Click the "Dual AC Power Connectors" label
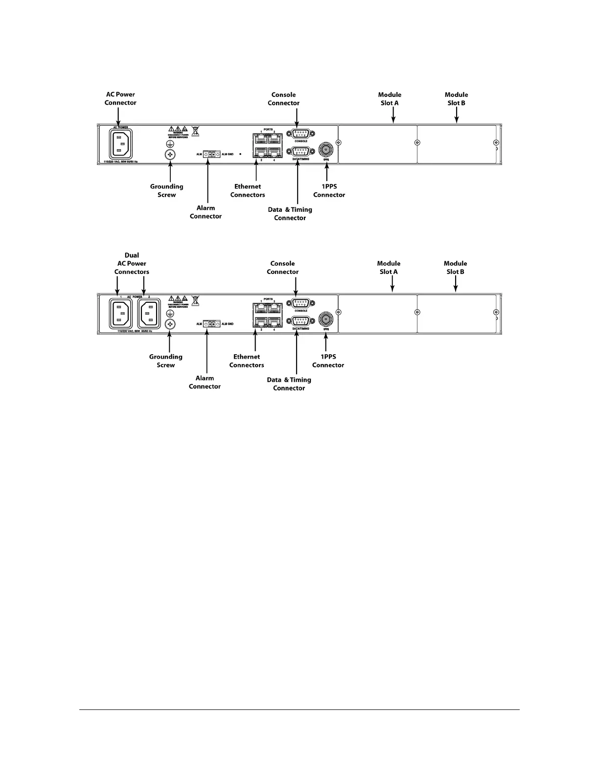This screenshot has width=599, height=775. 132,264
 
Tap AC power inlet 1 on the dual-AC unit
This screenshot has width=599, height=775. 119,314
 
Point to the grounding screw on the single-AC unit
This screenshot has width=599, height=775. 170,155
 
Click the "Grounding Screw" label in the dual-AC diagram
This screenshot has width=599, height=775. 166,361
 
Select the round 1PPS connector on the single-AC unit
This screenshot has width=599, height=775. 326,149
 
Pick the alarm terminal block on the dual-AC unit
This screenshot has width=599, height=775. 211,324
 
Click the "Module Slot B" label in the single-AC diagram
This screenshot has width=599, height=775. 456,99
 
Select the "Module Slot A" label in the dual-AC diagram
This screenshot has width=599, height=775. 389,268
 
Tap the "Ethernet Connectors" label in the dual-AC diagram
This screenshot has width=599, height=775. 247,361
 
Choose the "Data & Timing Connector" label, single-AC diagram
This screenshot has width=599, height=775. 290,214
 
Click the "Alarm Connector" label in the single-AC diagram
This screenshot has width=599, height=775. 206,212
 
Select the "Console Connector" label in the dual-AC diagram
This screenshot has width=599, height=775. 282,268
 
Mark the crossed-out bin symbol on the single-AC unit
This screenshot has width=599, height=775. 195,131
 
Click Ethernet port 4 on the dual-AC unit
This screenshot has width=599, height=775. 275,322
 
